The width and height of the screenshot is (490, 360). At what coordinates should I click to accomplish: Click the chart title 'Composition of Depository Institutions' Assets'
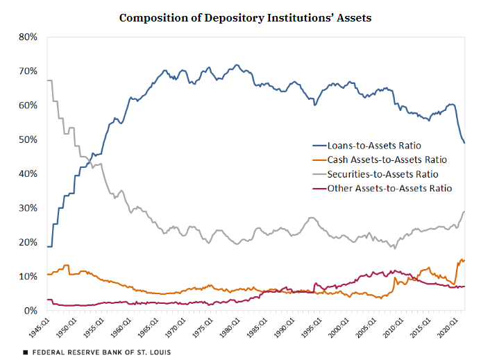click(x=245, y=17)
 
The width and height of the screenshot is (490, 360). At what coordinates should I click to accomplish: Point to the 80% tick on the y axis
click(x=26, y=37)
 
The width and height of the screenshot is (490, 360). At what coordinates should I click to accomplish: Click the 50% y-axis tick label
click(x=26, y=139)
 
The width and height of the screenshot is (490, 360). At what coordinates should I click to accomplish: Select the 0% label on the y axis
click(x=29, y=311)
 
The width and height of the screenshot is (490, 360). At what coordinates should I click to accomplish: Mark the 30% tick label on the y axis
click(x=26, y=208)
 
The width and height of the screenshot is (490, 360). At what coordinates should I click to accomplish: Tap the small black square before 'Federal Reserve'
click(x=26, y=352)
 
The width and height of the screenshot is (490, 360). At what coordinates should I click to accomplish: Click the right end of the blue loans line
click(x=464, y=143)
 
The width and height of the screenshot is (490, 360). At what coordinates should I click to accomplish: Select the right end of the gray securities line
click(x=464, y=212)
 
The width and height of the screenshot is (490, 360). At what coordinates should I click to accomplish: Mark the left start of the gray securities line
click(x=47, y=81)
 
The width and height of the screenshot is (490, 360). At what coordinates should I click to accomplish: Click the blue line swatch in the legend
click(x=321, y=146)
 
